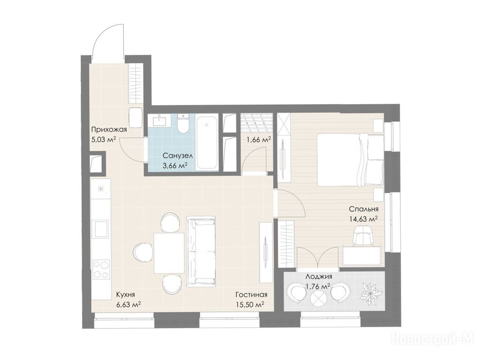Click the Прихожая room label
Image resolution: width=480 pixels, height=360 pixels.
tap(109, 129)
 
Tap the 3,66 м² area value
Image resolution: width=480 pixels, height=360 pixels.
tap(175, 166)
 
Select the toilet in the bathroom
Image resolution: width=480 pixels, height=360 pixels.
tap(184, 124)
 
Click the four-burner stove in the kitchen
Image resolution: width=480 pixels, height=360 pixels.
tap(101, 269)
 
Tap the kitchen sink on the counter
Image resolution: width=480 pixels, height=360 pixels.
tap(101, 229)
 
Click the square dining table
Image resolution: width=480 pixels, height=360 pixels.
tap(169, 253)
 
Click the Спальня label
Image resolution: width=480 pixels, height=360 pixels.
tap(364, 209)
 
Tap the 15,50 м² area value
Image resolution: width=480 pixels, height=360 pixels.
tap(250, 305)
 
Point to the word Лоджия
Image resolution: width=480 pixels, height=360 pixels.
tap(319, 277)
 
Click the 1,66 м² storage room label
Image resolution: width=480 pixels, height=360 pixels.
tap(259, 140)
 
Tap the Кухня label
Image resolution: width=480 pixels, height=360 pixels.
tap(125, 295)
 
